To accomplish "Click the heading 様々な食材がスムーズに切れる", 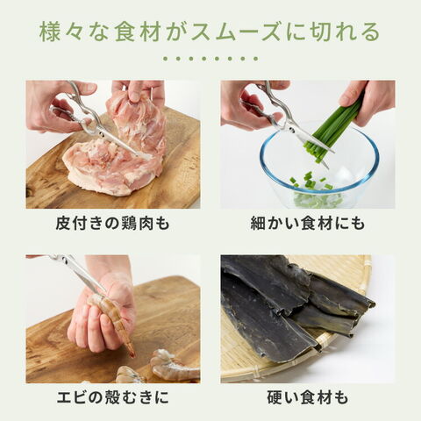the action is [x=210, y=32].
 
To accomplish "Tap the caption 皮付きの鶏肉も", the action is [x=113, y=224].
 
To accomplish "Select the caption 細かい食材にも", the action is [x=308, y=224].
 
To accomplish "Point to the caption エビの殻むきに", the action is [x=113, y=397].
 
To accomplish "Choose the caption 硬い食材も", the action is [x=308, y=397].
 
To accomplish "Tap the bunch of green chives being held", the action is [x=333, y=129].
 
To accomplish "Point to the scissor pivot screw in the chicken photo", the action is [x=102, y=134].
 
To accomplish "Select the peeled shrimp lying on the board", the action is [x=174, y=366].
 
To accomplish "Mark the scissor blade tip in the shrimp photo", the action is [x=105, y=291].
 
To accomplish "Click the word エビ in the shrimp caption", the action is [x=73, y=397].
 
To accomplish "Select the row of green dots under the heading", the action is [x=210, y=59].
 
